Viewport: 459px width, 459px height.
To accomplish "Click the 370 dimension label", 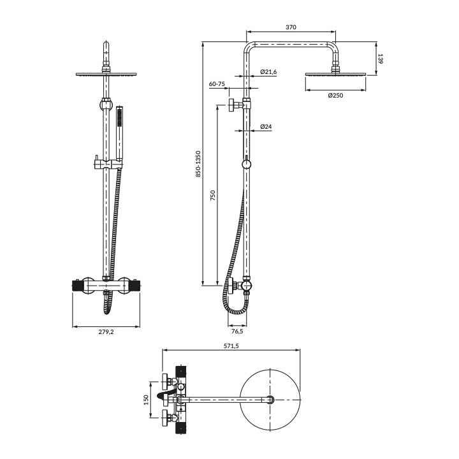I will tap(291, 27).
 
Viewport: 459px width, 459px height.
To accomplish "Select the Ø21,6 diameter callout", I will tap(268, 72).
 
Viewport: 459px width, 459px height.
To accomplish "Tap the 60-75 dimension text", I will tap(217, 84).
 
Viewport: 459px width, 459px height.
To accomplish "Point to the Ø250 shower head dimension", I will tap(335, 96).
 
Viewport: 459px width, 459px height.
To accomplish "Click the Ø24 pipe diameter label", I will tap(266, 127).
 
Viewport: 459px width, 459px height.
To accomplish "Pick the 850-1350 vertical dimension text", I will tap(198, 164).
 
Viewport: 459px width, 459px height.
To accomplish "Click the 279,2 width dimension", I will tap(106, 331).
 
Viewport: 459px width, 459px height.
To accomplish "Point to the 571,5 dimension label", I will tap(232, 346).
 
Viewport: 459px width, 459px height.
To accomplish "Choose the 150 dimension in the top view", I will tap(146, 400).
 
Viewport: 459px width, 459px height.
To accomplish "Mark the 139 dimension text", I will tap(381, 59).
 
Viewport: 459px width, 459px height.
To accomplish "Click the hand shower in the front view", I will tap(119, 131).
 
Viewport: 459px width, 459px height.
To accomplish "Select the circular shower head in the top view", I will tap(271, 400).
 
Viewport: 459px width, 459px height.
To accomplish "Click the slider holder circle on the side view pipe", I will tap(247, 165).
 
